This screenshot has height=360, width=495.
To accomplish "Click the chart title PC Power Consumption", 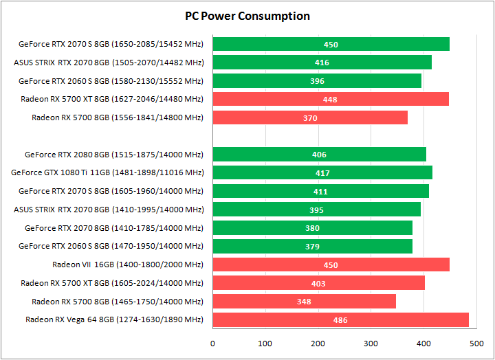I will click(x=247, y=16).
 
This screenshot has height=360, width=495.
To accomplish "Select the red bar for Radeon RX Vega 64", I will click(x=340, y=319).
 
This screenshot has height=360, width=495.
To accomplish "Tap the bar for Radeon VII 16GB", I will click(x=331, y=265).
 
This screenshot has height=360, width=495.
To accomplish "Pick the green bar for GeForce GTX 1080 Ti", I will click(x=322, y=172).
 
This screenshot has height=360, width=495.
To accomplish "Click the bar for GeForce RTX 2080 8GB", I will click(x=319, y=155).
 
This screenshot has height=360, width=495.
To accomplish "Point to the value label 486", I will click(x=340, y=320).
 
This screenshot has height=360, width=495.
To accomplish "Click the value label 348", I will click(x=304, y=302).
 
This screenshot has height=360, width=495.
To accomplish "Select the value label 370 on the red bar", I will click(x=310, y=118).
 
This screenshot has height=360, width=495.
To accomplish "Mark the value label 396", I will click(x=317, y=81).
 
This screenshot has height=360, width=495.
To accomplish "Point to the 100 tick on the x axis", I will click(x=265, y=343).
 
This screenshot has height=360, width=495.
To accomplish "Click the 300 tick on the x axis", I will click(x=371, y=343).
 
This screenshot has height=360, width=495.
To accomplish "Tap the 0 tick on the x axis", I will click(x=212, y=343).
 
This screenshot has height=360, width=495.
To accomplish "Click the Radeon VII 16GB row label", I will click(x=128, y=265).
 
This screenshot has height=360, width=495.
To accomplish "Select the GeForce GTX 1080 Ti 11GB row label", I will click(x=108, y=172).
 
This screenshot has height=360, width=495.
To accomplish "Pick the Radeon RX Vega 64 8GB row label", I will click(x=114, y=319).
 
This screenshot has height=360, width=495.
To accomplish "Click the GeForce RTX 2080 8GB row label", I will click(x=114, y=155).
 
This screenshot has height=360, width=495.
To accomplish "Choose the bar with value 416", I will click(x=322, y=63).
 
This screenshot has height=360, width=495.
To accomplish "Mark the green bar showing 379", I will click(x=312, y=246).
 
